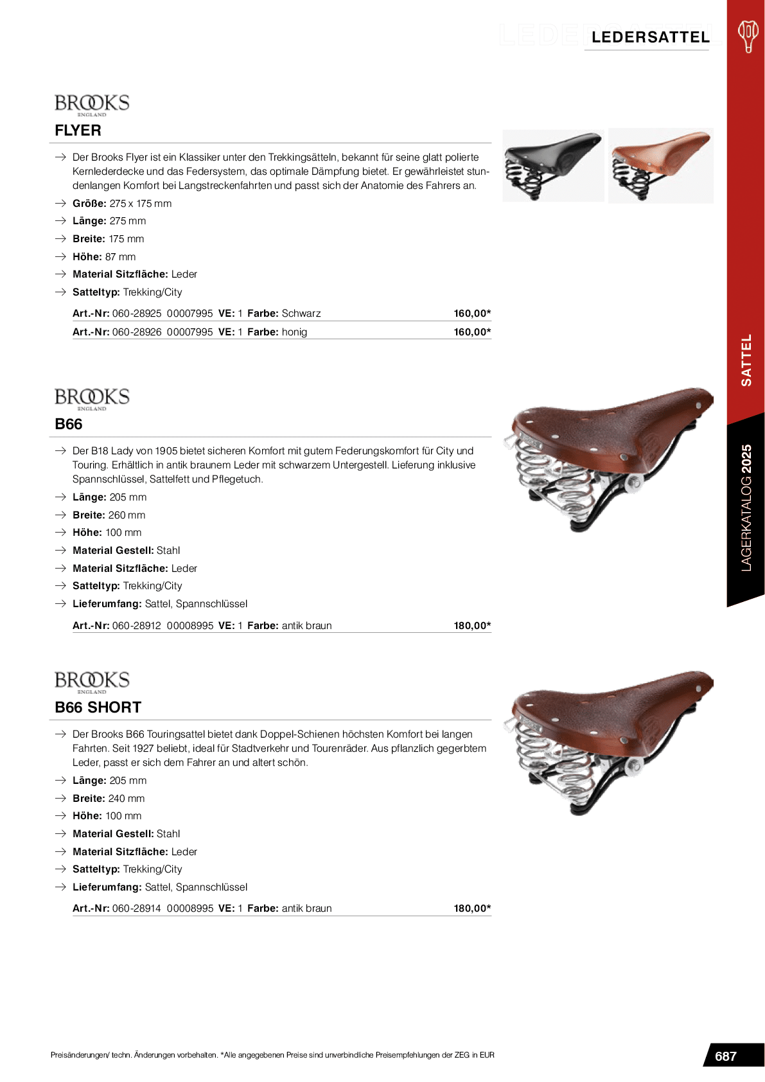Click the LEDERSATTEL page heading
tap(650, 37)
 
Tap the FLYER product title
tap(78, 130)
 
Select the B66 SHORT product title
tap(98, 707)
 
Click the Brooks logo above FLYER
tap(92, 105)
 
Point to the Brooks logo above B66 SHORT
tap(92, 682)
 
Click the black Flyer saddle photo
tap(553, 165)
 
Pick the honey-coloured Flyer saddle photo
tap(660, 165)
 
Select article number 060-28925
tap(137, 314)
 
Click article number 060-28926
tap(137, 332)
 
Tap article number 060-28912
tap(137, 626)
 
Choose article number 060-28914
tap(137, 909)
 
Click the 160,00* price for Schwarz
tap(472, 314)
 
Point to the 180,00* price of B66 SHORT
tap(472, 909)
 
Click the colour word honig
tap(294, 332)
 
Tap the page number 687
tap(726, 1056)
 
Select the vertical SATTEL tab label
tap(746, 360)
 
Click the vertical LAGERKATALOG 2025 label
tap(746, 508)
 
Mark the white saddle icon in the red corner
tap(748, 35)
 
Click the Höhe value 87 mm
tap(120, 257)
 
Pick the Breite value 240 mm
tap(127, 799)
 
